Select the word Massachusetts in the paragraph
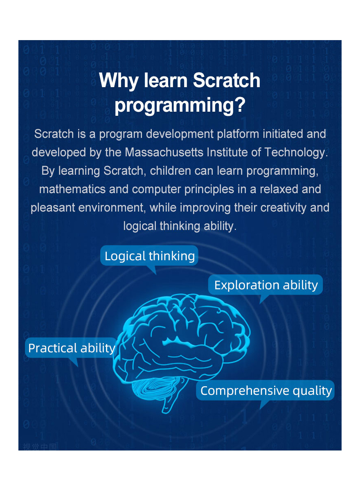tap(164, 152)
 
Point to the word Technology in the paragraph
tap(296, 153)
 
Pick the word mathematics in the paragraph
tap(72, 189)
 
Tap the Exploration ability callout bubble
tap(265, 285)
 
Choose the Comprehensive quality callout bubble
tap(265, 390)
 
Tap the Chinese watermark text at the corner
tap(40, 446)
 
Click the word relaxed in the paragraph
tap(279, 189)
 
